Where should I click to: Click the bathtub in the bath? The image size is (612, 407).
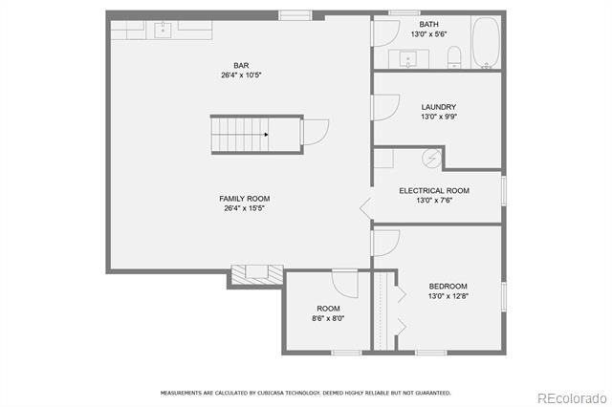pos(486,42)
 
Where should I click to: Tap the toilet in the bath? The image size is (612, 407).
pos(454,57)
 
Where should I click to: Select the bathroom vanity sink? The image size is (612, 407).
pos(408,59)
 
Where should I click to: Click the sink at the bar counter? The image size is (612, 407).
pos(163,30)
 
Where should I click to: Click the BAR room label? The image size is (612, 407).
pos(241,66)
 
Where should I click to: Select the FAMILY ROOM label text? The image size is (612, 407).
pos(245,199)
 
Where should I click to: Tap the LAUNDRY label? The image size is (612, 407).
pos(439,107)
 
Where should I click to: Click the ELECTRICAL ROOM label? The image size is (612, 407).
pos(434,191)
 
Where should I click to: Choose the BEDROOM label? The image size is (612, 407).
pos(448,287)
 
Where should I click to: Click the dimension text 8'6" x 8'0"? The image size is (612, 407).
pos(328,318)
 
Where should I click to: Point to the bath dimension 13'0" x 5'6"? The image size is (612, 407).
pos(429,34)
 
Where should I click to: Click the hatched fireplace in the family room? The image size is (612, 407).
pos(257,274)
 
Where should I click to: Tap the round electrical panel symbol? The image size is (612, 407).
pos(431,159)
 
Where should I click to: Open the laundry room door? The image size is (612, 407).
pos(385,107)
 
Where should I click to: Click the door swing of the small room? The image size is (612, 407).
pos(345,283)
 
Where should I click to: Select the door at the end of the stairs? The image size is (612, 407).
pos(315,132)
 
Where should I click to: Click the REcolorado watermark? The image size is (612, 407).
pos(572,398)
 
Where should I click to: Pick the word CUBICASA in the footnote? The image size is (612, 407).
pos(272,393)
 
